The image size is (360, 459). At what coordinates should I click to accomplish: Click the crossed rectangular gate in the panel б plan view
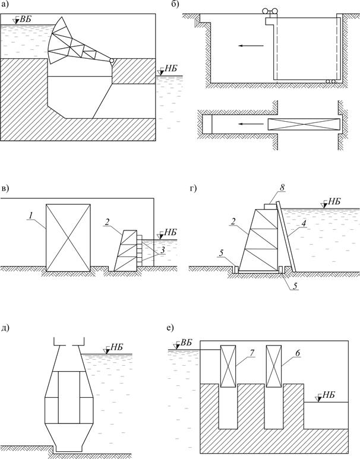(304, 124)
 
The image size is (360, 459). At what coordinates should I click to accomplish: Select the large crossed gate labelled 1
(69, 237)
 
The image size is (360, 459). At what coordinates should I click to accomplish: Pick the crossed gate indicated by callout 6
(273, 364)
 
